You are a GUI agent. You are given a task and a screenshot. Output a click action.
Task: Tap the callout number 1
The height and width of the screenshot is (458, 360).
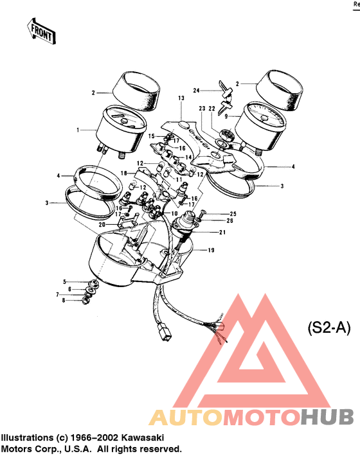[78, 130]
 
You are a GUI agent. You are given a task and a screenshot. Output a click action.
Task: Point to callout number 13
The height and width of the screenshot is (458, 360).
[181, 98]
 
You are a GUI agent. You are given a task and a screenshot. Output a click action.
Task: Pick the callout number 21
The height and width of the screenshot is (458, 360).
[222, 233]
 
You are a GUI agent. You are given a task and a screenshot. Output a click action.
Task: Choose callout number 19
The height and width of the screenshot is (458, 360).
[210, 250]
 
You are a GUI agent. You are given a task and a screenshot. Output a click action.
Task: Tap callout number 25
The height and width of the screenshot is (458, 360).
[215, 213]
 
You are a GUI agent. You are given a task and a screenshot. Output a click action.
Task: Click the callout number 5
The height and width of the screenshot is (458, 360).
[64, 282]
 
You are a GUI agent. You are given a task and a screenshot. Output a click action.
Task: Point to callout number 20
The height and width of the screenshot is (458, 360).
[102, 225]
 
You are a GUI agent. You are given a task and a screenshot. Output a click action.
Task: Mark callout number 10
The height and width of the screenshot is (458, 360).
[174, 213]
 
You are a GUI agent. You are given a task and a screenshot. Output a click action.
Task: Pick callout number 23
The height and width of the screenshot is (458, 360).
[201, 109]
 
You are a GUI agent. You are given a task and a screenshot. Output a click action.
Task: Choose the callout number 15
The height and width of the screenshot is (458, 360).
[152, 136]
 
